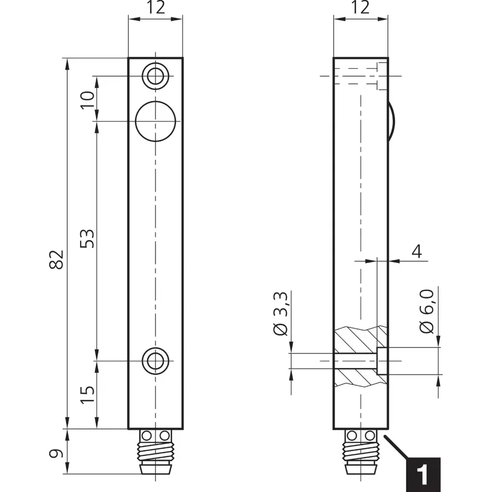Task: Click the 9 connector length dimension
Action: (58, 453)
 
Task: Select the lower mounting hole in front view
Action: (155, 361)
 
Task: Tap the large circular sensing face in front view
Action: (155, 121)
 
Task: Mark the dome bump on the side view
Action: (391, 121)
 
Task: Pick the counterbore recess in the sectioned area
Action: (382, 361)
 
